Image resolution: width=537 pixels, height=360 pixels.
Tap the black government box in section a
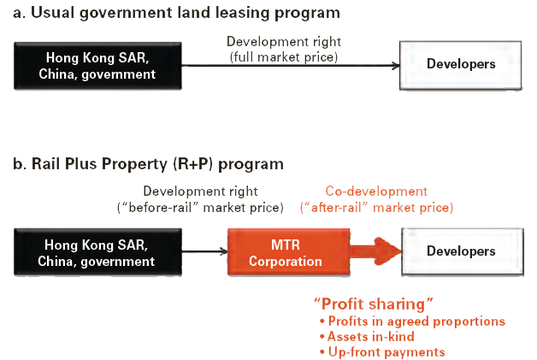(96, 66)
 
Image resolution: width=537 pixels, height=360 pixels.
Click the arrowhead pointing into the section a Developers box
(395, 66)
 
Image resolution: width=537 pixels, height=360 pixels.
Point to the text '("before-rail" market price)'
(199, 207)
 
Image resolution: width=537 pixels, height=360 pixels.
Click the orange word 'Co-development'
(376, 192)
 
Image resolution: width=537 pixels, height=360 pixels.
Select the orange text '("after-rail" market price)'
(376, 207)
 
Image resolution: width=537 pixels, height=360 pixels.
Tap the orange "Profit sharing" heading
(373, 304)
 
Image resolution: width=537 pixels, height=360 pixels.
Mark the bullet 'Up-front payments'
(383, 352)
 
